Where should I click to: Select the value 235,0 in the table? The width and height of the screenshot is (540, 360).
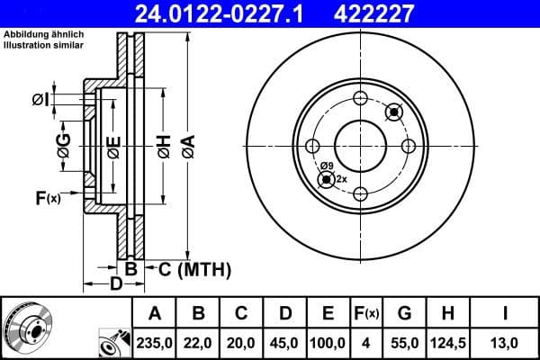click(154, 342)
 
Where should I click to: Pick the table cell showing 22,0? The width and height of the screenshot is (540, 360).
click(199, 342)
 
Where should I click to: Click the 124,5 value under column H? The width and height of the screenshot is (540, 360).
click(447, 342)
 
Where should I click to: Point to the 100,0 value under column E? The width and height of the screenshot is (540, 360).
click(328, 342)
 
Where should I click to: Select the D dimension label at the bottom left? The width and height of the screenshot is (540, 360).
click(115, 285)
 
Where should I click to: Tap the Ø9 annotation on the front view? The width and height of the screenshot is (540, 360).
click(327, 166)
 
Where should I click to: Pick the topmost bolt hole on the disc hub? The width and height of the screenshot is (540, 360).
click(360, 99)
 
